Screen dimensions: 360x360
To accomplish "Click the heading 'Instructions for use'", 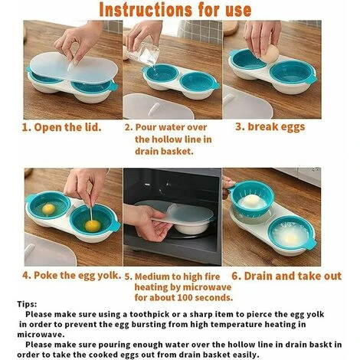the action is click(x=175, y=10).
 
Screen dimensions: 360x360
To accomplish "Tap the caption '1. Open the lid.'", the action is click(x=61, y=127).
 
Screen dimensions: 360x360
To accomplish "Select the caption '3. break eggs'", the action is click(x=270, y=127).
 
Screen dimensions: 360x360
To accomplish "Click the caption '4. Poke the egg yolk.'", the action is click(x=71, y=276).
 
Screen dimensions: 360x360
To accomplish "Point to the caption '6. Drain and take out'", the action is click(x=286, y=276).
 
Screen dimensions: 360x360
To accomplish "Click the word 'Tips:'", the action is click(x=27, y=304).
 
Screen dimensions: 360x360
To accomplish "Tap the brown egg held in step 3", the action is click(x=270, y=54).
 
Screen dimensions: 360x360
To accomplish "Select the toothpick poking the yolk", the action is click(x=91, y=214).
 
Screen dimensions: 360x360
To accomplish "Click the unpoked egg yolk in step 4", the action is click(x=48, y=209).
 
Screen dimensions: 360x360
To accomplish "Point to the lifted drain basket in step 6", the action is click(x=252, y=198).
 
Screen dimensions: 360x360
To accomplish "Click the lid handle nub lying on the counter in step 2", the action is click(x=155, y=109).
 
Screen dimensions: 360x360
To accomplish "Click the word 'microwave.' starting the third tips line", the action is click(x=41, y=334).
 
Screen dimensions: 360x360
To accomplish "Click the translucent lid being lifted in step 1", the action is click(x=74, y=67).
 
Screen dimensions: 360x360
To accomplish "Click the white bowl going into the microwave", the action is click(x=190, y=227).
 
